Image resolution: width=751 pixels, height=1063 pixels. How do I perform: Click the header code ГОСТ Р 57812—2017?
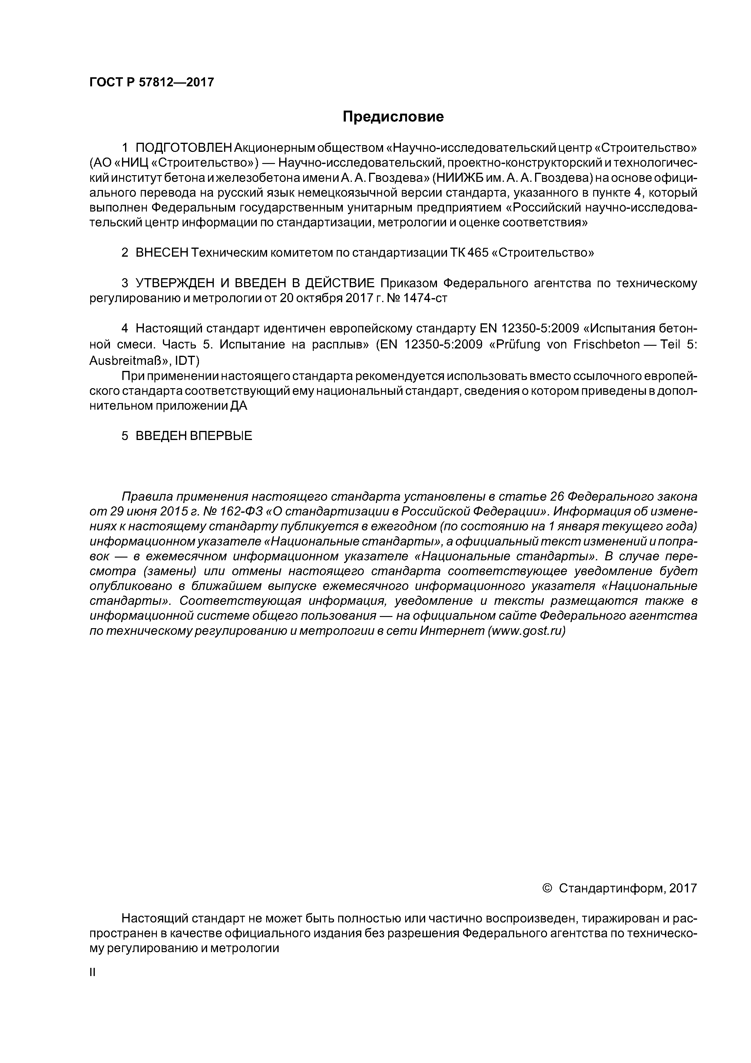(152, 82)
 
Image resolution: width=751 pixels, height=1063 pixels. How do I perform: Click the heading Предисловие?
(393, 117)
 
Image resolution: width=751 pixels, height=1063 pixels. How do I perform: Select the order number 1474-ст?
(425, 298)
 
